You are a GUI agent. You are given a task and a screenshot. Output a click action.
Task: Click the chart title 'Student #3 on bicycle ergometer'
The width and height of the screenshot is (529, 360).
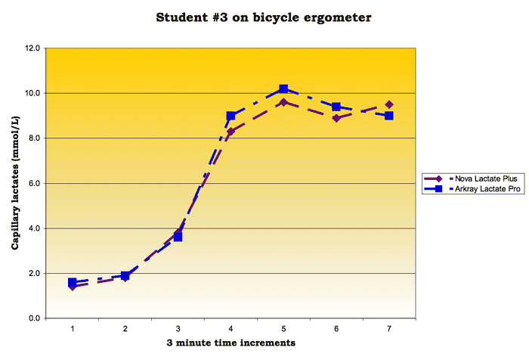263,17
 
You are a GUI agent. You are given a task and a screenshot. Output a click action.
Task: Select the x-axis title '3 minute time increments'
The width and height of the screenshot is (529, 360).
230,343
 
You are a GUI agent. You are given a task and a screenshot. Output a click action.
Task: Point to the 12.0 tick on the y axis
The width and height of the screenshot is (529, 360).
32,48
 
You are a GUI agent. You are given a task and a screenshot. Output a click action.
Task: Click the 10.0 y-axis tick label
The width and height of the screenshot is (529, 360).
32,94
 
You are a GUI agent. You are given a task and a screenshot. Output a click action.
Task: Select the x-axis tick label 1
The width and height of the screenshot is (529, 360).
73,328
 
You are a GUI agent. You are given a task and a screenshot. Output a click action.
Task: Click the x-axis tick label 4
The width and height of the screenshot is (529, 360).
230,328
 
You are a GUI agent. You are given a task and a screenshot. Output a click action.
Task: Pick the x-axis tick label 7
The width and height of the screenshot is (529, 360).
389,328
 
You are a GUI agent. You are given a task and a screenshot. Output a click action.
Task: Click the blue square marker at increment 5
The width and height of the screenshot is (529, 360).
283,89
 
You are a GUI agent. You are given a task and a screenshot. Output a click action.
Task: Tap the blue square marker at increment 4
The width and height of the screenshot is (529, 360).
230,116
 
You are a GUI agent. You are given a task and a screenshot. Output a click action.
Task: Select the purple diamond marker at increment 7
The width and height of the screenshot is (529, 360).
389,105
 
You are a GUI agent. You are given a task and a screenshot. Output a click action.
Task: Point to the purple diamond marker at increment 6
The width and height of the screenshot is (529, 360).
336,118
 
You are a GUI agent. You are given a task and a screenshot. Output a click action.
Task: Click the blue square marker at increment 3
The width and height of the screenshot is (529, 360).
178,237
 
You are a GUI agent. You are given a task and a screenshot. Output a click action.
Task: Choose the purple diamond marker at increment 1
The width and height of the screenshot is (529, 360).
73,287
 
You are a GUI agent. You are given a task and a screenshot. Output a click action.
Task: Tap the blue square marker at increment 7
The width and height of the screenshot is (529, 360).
389,116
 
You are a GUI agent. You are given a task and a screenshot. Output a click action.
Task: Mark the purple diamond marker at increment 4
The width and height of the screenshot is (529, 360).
230,132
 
